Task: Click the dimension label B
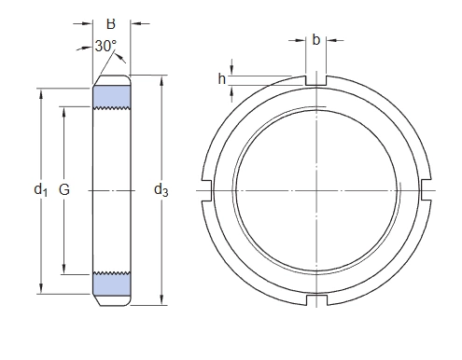[111, 24]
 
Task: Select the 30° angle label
[105, 46]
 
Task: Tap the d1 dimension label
[41, 189]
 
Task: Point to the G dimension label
[64, 189]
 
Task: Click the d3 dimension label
[161, 189]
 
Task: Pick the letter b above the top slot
[315, 40]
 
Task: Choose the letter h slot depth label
[221, 79]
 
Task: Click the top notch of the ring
[316, 80]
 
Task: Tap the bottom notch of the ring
[316, 300]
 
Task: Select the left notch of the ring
[207, 190]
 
